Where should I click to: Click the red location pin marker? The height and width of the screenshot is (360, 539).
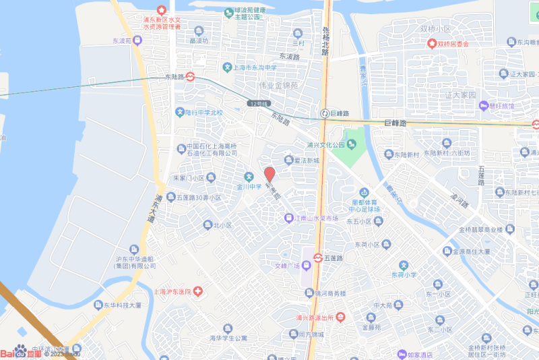click(269, 174)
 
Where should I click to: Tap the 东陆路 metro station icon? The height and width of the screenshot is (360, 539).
click(191, 76)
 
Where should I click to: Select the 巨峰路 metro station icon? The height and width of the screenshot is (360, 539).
click(325, 113)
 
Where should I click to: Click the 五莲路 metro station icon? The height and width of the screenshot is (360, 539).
click(317, 258)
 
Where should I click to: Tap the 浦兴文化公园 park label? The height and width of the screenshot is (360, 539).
click(325, 144)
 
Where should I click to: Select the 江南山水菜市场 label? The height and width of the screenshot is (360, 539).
click(316, 218)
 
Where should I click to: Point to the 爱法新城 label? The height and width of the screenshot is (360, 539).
click(302, 160)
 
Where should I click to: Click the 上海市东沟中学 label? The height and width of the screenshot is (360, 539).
click(254, 67)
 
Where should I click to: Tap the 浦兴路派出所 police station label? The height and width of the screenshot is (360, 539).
click(316, 317)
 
